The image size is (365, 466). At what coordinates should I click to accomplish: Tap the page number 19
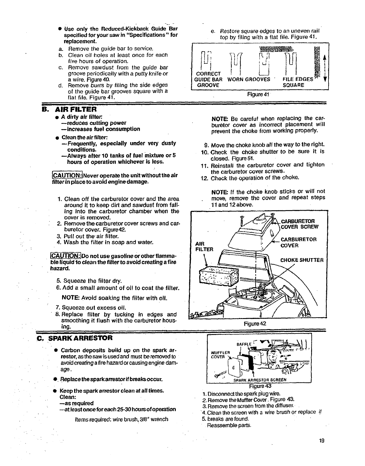point(321,441)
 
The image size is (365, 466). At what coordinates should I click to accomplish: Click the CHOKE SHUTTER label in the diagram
point(302,260)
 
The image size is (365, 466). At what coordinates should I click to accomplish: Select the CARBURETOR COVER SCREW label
point(300,224)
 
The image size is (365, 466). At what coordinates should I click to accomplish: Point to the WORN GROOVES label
point(249,79)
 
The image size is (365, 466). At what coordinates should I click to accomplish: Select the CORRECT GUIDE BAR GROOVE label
point(208,79)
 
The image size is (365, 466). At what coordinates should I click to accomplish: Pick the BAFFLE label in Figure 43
point(243,344)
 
